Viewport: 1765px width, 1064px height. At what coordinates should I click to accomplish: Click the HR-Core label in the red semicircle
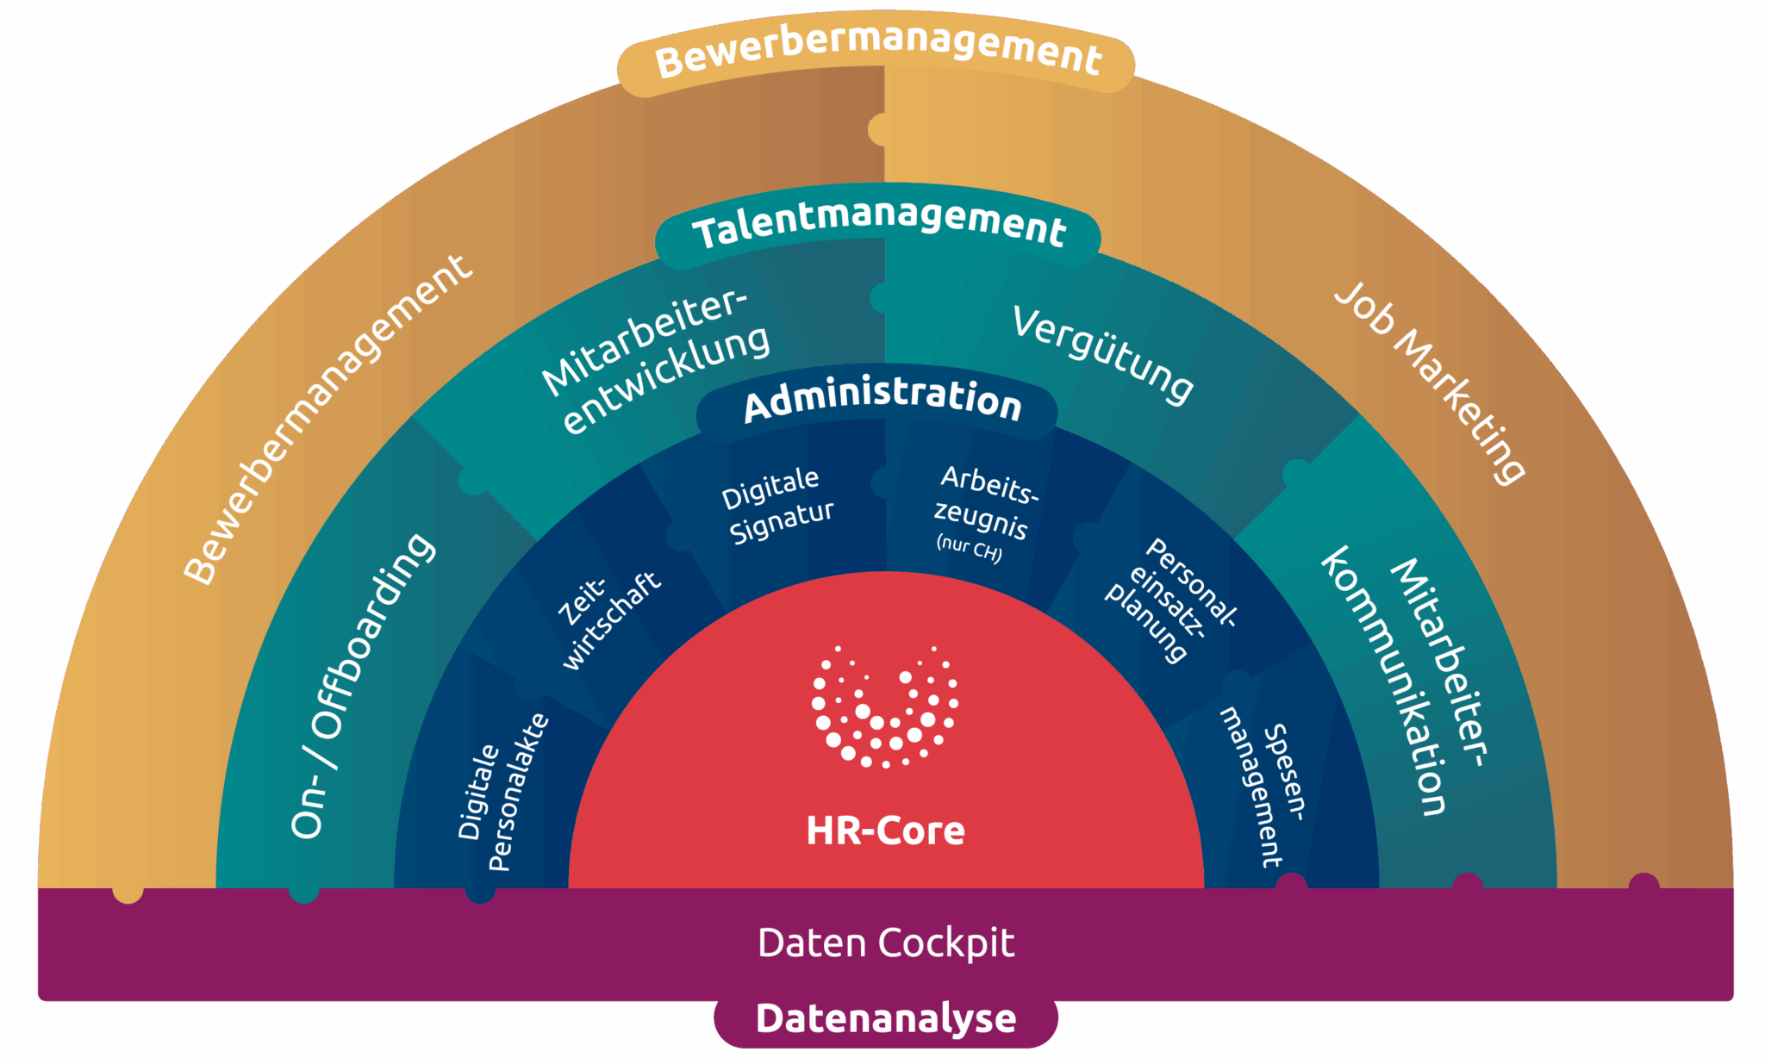tap(885, 831)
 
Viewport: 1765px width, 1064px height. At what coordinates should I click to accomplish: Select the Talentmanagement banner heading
tap(878, 226)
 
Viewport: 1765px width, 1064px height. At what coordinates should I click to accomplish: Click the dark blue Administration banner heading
tap(882, 398)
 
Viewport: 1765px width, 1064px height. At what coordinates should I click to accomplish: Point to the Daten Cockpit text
tap(886, 943)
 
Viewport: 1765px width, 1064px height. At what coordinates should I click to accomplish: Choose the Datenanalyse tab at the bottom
tap(886, 1018)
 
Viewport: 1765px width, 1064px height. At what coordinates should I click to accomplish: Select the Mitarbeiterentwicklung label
tap(655, 362)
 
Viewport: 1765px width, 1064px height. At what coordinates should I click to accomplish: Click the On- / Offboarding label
tap(362, 685)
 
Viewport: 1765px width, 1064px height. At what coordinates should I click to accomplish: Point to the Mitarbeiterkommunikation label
tap(1405, 681)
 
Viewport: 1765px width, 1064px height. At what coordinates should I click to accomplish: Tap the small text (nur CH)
tap(969, 547)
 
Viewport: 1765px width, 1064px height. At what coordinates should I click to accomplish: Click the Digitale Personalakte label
tap(502, 793)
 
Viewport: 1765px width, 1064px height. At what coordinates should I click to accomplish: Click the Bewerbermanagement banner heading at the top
tap(877, 51)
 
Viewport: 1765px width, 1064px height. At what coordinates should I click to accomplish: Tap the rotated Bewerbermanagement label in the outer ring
tap(327, 420)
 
